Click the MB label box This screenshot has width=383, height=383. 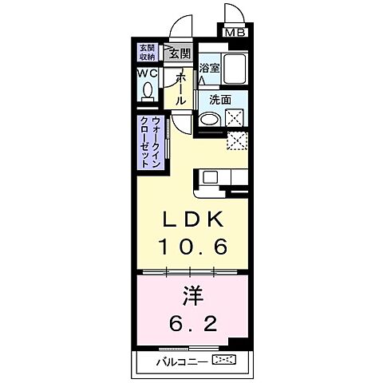pyautogui.click(x=235, y=34)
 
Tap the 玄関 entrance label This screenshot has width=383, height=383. pyautogui.click(x=180, y=54)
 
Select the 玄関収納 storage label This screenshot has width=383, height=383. pyautogui.click(x=148, y=52)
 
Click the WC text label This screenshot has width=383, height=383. pyautogui.click(x=148, y=73)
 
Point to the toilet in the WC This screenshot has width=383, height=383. pyautogui.click(x=148, y=91)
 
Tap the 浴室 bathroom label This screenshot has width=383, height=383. pyautogui.click(x=209, y=69)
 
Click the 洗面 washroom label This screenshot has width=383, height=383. pyautogui.click(x=220, y=101)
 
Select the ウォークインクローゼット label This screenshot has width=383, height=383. pyautogui.click(x=150, y=141)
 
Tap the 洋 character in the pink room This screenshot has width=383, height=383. pyautogui.click(x=191, y=297)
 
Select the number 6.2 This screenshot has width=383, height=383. pyautogui.click(x=191, y=324)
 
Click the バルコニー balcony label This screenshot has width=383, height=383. pyautogui.click(x=190, y=361)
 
